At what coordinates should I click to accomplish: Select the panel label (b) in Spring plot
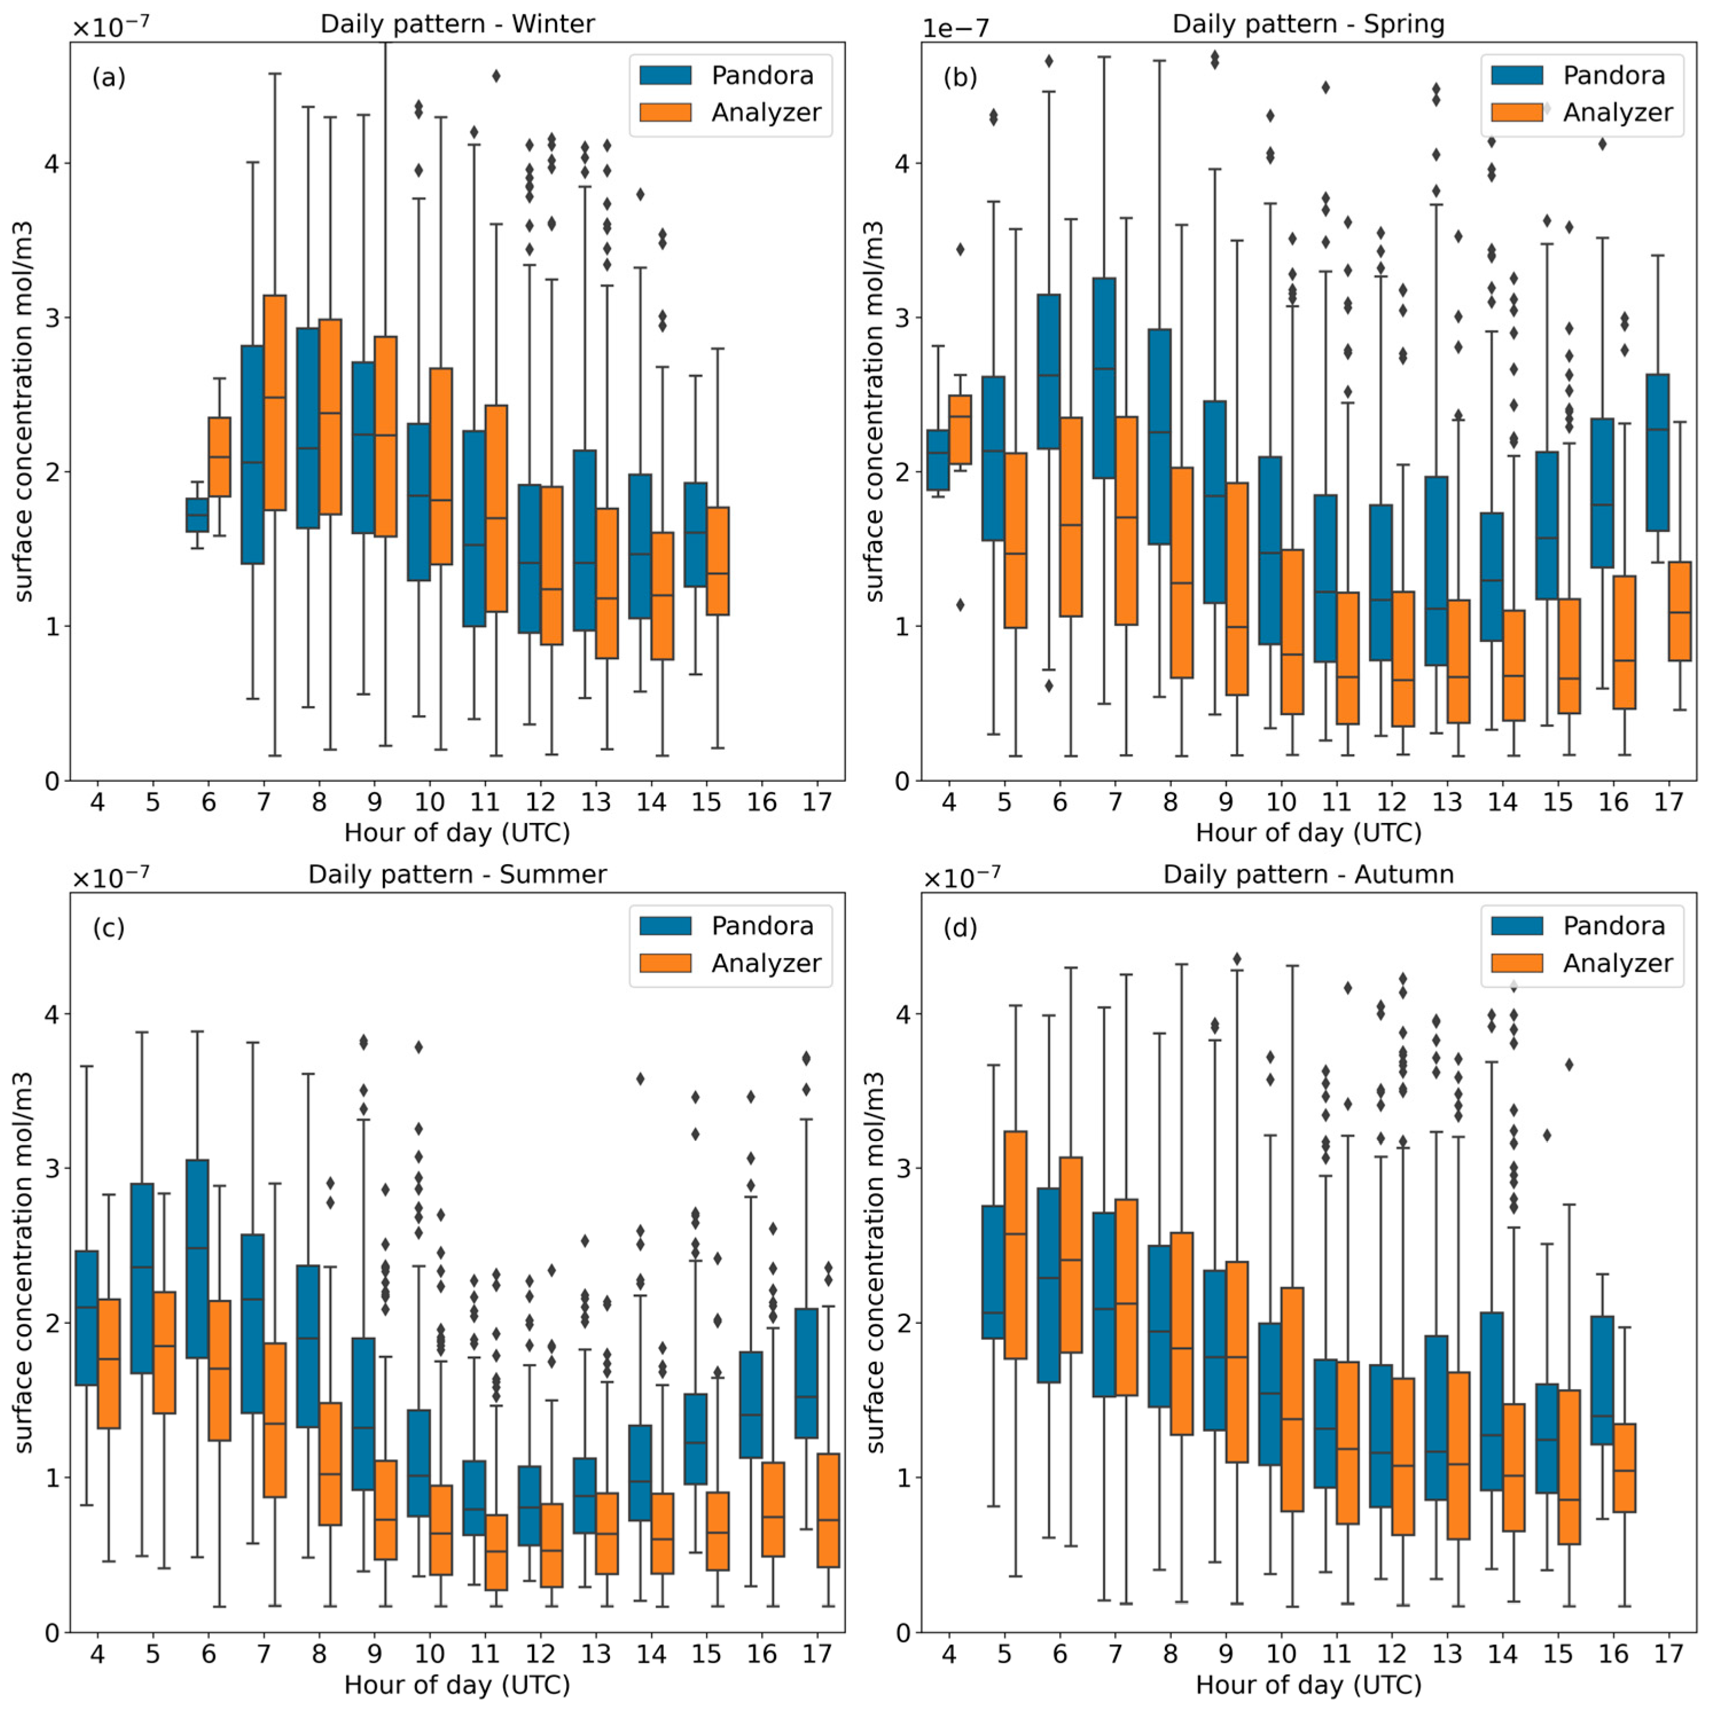click(x=960, y=79)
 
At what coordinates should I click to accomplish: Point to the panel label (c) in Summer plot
click(x=108, y=928)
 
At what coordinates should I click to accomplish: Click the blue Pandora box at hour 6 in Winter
click(x=197, y=515)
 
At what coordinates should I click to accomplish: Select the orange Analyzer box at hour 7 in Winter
click(x=275, y=403)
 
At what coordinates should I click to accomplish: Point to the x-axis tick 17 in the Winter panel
click(x=817, y=802)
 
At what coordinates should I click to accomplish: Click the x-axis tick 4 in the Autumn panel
click(x=949, y=1654)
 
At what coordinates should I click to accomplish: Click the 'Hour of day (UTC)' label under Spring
click(x=1308, y=833)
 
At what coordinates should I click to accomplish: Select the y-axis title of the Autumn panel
click(x=875, y=1263)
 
